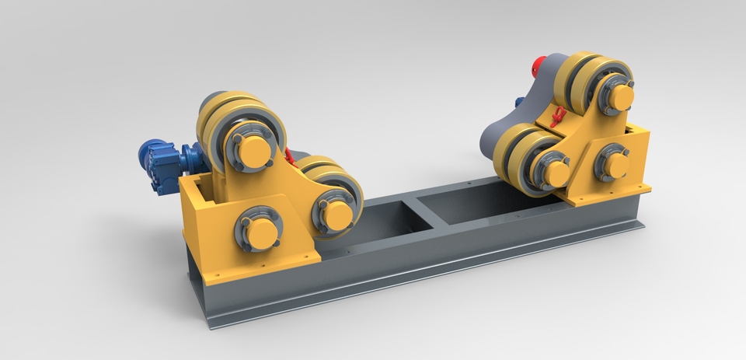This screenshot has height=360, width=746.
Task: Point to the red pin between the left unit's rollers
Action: tap(290, 156)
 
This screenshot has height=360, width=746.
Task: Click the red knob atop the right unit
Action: tap(536, 66)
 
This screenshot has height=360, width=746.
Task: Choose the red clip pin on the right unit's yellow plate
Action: tap(556, 117)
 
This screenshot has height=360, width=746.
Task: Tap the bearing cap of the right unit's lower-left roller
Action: tap(555, 173)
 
